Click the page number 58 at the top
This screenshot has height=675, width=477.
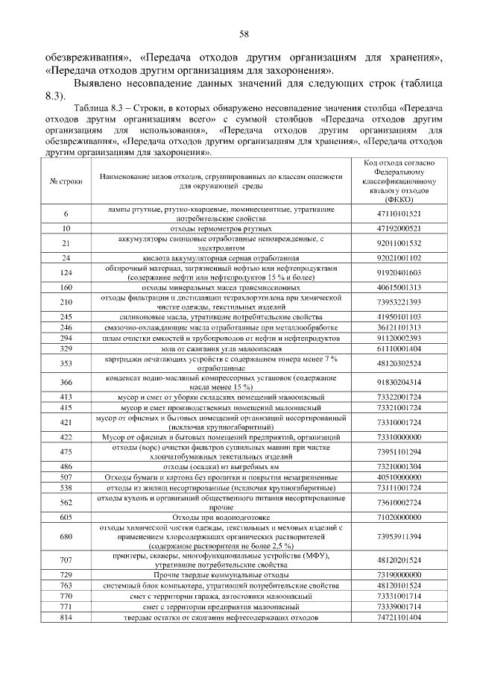click(x=243, y=34)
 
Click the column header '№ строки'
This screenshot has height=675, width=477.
click(x=65, y=182)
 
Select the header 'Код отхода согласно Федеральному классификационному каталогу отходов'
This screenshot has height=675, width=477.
click(x=404, y=181)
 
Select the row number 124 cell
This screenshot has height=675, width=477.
click(x=66, y=272)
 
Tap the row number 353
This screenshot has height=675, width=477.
click(x=66, y=363)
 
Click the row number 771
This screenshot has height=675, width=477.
click(x=66, y=607)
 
